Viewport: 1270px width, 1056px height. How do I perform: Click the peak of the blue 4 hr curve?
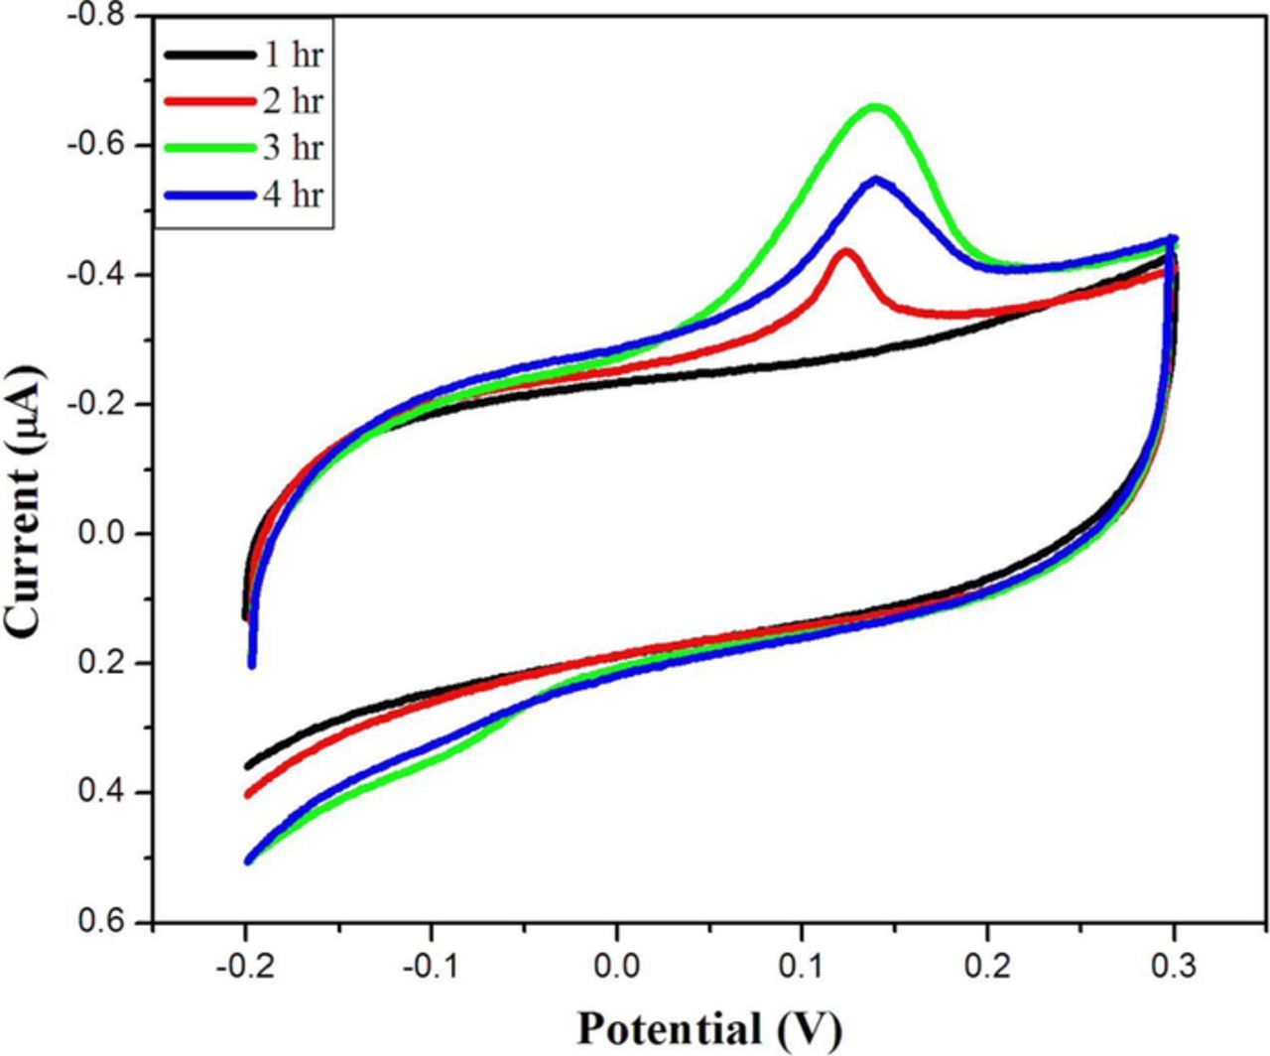tap(876, 181)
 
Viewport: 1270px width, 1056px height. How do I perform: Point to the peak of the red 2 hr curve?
tap(845, 252)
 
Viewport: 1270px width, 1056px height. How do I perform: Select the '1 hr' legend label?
tap(293, 55)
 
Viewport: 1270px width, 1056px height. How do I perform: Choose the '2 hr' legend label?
tap(293, 100)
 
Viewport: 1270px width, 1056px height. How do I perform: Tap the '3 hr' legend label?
tap(293, 147)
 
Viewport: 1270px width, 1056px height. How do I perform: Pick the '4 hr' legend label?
tap(293, 194)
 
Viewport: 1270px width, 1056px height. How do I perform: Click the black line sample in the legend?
tap(209, 56)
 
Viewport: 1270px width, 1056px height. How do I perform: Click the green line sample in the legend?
tap(209, 148)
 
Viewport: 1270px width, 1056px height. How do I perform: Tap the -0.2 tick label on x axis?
tap(243, 963)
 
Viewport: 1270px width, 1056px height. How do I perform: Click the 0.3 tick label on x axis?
tap(1175, 963)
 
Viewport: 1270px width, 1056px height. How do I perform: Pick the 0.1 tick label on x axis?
tap(802, 963)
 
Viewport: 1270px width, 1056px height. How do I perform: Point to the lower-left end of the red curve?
tap(248, 794)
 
